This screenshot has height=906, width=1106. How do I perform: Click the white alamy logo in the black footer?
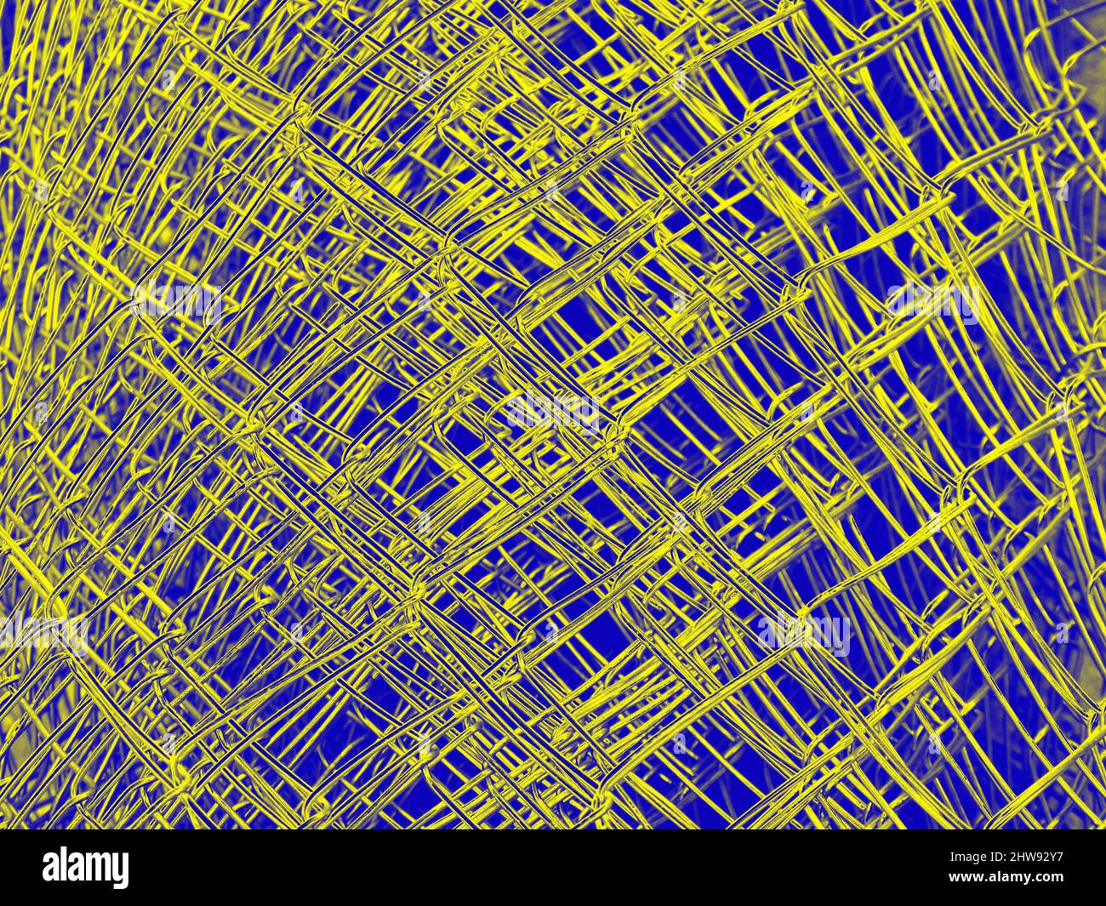tap(85, 869)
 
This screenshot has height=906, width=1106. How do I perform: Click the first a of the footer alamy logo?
tap(52, 869)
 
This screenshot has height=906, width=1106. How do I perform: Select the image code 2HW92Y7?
tap(1035, 858)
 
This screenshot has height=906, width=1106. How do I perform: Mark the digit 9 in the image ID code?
tap(1036, 858)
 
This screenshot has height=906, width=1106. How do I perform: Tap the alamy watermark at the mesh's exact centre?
tap(553, 412)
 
